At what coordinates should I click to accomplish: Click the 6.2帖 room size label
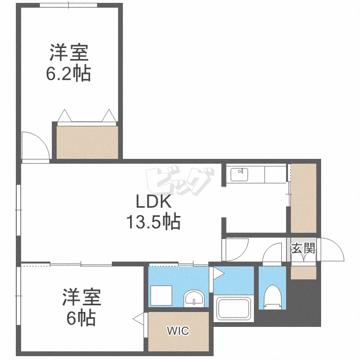click(x=69, y=74)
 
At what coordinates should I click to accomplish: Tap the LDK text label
click(x=154, y=201)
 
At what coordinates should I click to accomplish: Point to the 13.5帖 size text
click(x=154, y=222)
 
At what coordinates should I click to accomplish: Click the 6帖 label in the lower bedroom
click(x=81, y=318)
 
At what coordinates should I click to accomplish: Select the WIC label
click(x=178, y=331)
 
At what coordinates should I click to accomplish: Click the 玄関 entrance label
click(x=303, y=248)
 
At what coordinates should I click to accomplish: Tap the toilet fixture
click(x=273, y=297)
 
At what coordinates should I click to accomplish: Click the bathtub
click(x=233, y=308)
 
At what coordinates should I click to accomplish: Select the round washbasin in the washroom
click(x=194, y=298)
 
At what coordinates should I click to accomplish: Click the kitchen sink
click(x=239, y=175)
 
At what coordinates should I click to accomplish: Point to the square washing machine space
click(x=161, y=296)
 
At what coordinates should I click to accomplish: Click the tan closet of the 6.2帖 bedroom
click(x=87, y=143)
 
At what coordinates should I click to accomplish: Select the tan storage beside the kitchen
click(x=303, y=198)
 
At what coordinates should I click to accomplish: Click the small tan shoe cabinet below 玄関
click(x=303, y=273)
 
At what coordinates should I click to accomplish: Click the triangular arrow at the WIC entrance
click(x=138, y=319)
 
